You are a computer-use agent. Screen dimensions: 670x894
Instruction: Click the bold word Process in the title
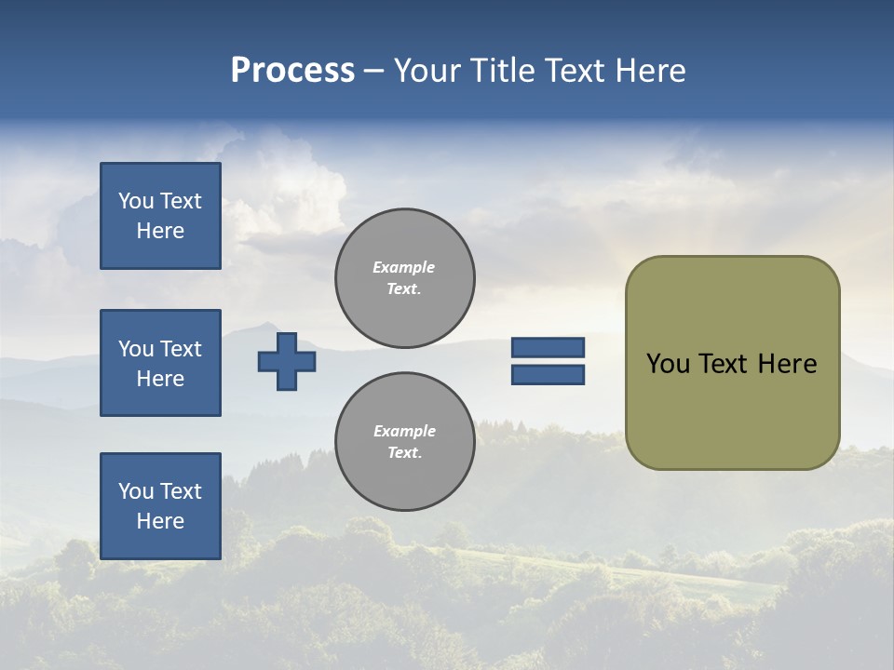click(x=292, y=71)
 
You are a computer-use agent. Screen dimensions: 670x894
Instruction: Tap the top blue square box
click(x=160, y=216)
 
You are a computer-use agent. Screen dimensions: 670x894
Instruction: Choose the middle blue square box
click(x=160, y=363)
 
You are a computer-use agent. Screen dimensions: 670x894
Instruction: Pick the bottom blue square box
click(x=160, y=506)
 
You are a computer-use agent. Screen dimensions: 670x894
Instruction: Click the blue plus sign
click(x=287, y=362)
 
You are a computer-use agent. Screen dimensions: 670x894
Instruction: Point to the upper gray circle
click(x=404, y=278)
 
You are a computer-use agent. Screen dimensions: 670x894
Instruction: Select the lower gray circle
click(x=404, y=442)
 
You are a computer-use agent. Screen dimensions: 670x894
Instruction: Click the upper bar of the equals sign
click(x=548, y=347)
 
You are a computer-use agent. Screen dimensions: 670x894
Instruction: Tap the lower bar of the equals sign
click(x=548, y=375)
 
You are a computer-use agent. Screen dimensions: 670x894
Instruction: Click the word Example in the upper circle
click(x=404, y=267)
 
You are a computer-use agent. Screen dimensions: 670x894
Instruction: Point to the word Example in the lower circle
click(x=404, y=431)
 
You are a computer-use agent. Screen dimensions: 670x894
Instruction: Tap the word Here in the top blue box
click(x=160, y=231)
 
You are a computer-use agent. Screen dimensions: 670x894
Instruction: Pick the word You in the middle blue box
click(x=135, y=349)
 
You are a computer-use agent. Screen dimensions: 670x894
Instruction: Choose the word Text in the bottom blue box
click(x=181, y=491)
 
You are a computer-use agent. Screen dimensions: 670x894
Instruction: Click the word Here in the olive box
click(x=787, y=364)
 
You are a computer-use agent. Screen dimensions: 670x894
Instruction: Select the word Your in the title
click(x=428, y=71)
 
